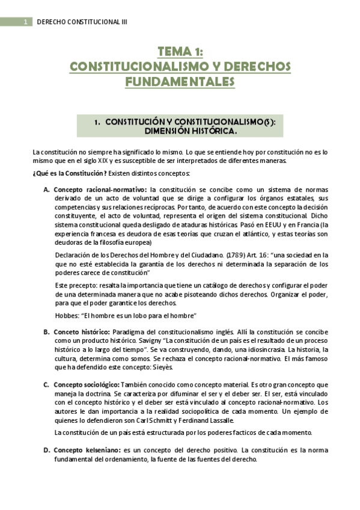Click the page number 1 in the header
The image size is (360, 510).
click(x=26, y=22)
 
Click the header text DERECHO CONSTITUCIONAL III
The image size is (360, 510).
click(x=82, y=22)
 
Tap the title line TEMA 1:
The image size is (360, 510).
click(x=180, y=52)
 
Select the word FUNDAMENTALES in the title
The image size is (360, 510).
click(x=180, y=81)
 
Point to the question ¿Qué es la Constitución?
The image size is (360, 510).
click(x=70, y=174)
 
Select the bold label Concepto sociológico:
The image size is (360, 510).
click(x=87, y=384)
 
